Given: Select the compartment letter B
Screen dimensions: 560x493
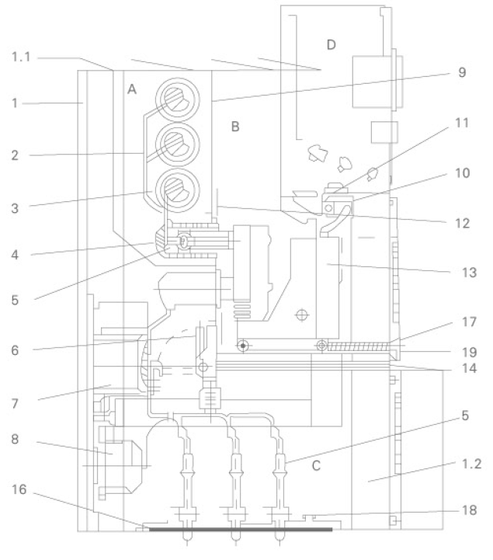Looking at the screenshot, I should (236, 127).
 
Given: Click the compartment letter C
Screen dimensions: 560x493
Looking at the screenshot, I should (316, 466).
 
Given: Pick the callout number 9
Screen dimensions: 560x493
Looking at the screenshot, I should (462, 74).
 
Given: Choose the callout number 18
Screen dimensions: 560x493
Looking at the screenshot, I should (467, 510).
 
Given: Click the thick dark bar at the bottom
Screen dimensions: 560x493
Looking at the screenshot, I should (241, 530).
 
